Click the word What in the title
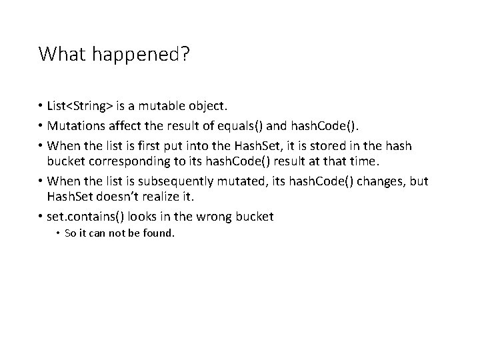(60, 54)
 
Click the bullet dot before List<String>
(41, 106)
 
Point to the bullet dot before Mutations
(41, 125)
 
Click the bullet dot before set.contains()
(41, 217)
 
